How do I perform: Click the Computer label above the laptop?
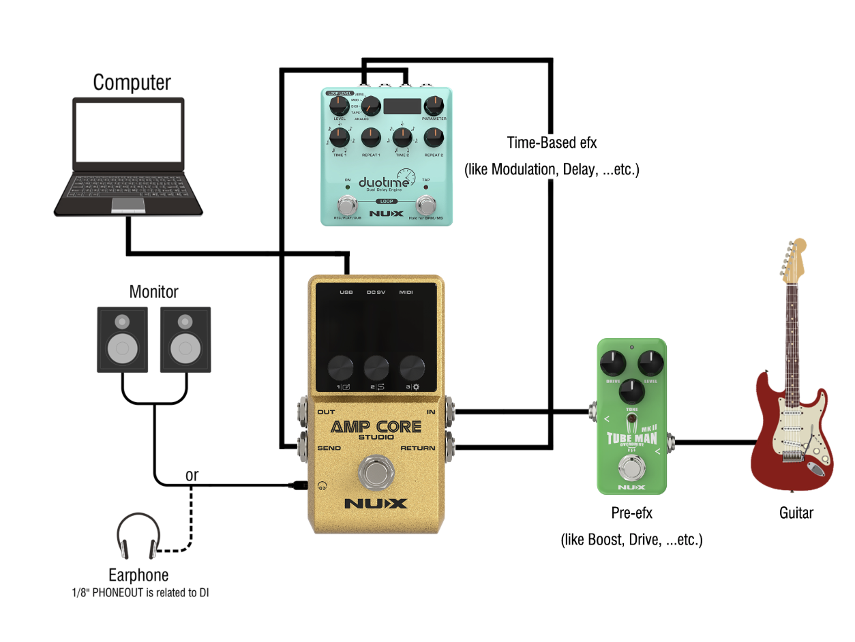pos(132,82)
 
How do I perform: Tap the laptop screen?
pos(129,132)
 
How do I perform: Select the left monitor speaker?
pos(122,339)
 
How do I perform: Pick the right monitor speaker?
pos(185,339)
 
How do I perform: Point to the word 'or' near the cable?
pos(192,475)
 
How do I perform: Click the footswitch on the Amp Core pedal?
pos(374,472)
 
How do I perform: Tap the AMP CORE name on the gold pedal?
pos(376,427)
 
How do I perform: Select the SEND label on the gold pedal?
pos(329,448)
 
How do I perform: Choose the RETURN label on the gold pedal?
pos(419,448)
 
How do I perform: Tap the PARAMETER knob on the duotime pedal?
pos(434,106)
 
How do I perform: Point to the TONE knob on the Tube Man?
pos(632,391)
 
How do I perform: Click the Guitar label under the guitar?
pos(796,513)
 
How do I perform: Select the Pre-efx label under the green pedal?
pos(631,513)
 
